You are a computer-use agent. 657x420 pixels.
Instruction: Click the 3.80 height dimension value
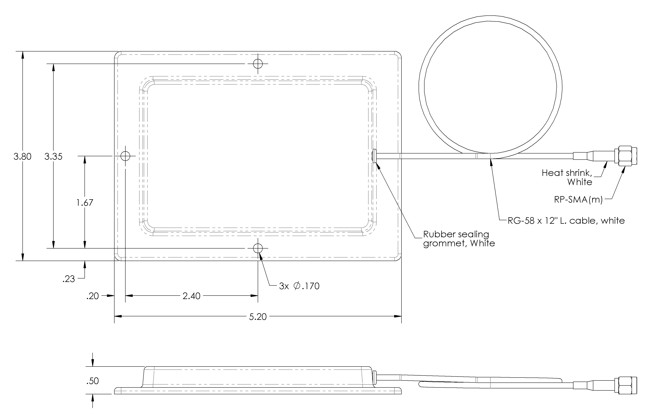pos(22,157)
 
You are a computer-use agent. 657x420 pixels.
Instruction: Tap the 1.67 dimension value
pos(85,203)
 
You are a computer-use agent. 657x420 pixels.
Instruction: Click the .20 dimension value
pos(93,296)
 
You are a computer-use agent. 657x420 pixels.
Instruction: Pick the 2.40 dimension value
pos(191,296)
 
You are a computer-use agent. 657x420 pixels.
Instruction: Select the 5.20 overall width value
pos(258,317)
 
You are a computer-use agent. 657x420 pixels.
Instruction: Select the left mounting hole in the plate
pos(125,156)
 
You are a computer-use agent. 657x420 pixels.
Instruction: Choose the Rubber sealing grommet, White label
pos(459,239)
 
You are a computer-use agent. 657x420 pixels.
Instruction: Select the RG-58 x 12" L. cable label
pos(566,221)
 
